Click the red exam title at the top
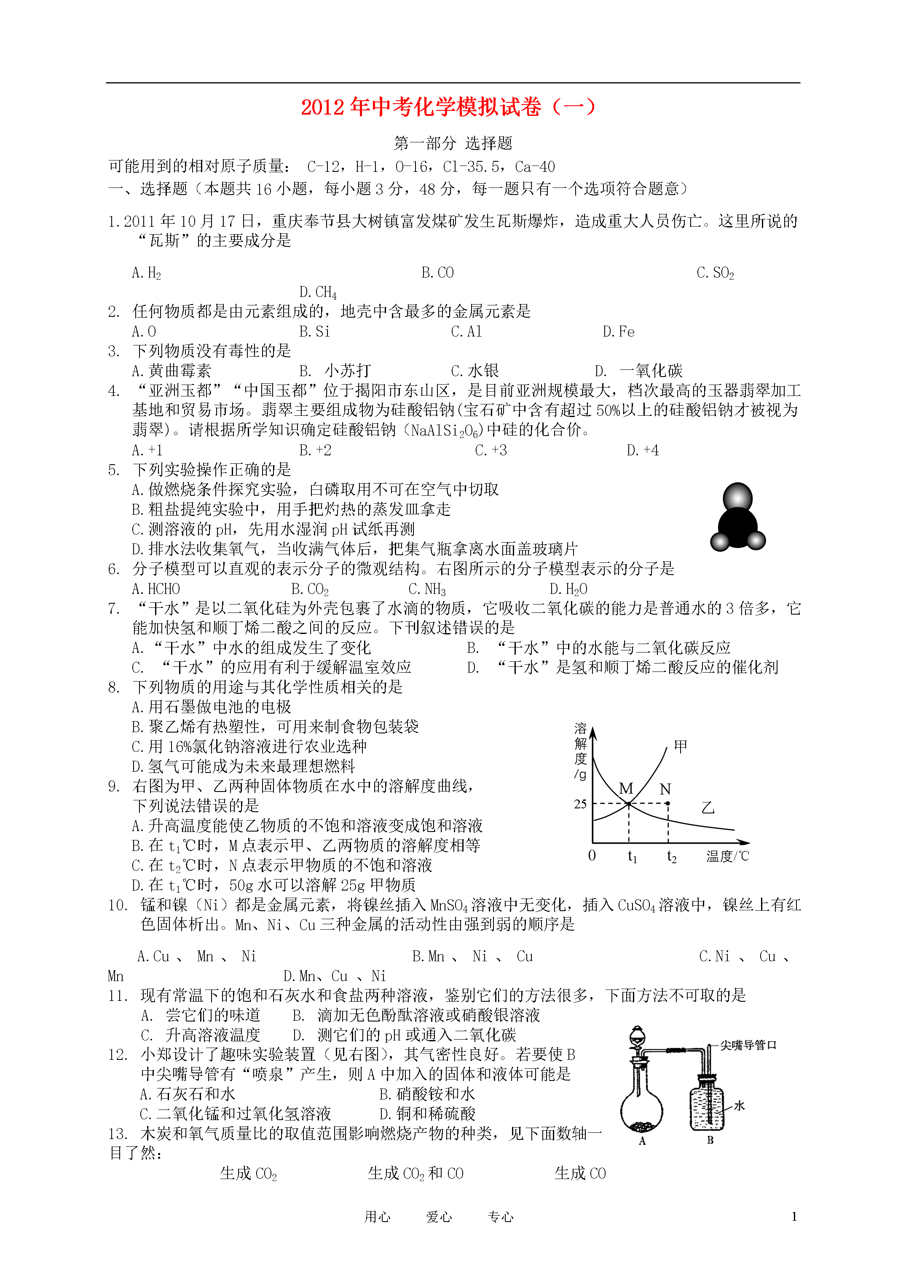448,107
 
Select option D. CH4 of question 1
318,292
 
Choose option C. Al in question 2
466,332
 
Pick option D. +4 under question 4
643,450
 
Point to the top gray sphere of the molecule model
737,497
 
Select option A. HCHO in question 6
156,589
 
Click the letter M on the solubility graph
626,788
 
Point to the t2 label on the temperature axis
672,856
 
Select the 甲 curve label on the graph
681,746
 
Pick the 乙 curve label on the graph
708,808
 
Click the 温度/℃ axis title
727,856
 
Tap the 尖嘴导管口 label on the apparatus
748,1045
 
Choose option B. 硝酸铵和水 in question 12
427,1094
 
